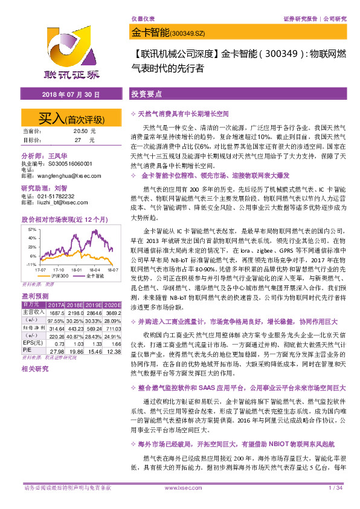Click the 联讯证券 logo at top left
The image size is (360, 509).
[72, 54]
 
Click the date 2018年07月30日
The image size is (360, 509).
[71, 96]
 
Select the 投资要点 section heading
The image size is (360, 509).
[146, 96]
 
